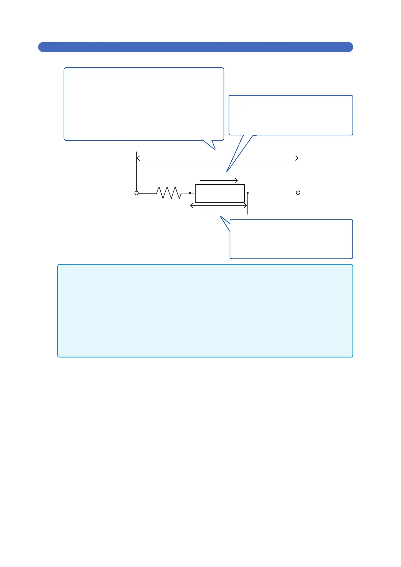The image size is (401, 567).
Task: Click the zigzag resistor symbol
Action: [168, 193]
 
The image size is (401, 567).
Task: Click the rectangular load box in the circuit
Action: [220, 193]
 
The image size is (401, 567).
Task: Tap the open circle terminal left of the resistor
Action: [136, 193]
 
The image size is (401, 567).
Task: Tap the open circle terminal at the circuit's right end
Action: [298, 193]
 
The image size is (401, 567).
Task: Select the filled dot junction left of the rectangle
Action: [190, 193]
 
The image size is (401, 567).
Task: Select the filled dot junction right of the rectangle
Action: [247, 193]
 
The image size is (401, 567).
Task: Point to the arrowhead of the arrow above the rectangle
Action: [237, 180]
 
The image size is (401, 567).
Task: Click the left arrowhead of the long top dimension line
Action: [138, 158]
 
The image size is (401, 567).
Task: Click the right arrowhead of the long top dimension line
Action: [297, 158]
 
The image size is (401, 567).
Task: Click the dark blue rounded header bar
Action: [195, 47]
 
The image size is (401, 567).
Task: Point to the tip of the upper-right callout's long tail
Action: [227, 171]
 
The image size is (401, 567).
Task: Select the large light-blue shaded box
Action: [205, 310]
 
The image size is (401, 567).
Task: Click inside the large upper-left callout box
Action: [144, 104]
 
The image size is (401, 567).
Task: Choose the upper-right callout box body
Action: [291, 115]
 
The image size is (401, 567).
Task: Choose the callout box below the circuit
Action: [291, 239]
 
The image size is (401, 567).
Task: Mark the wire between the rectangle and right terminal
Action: [273, 193]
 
